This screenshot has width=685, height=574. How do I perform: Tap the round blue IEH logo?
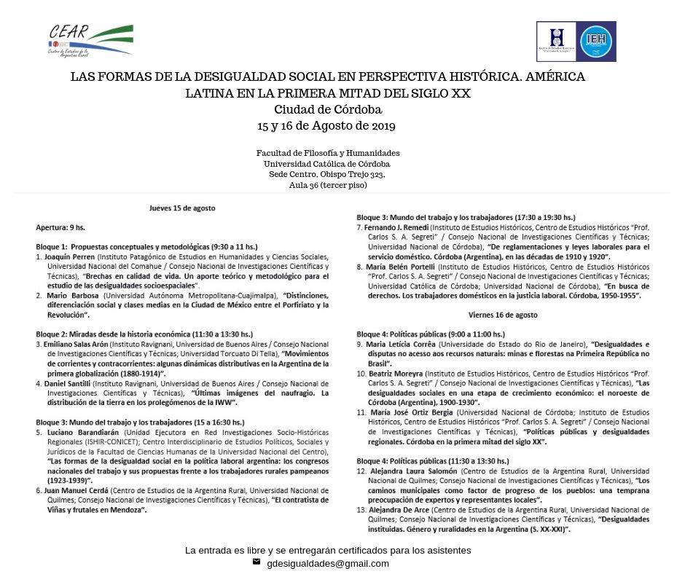point(596,42)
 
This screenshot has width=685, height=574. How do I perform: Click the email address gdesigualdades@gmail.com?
point(328,563)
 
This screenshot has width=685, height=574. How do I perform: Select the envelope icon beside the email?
point(257,562)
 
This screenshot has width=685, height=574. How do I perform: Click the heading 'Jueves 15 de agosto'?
point(182,208)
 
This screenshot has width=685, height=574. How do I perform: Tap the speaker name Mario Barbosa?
point(73,296)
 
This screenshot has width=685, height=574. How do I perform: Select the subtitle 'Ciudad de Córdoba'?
point(328,110)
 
